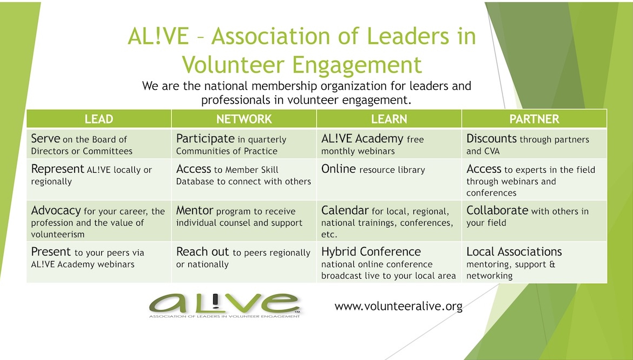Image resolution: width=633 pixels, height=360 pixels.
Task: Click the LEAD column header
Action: point(98,119)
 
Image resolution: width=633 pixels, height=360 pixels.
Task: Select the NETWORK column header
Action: point(244,119)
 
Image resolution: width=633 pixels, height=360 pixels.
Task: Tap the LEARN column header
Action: point(389,119)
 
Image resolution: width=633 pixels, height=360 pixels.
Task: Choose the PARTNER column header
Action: point(534,119)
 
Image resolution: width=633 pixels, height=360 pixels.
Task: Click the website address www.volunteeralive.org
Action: point(398,306)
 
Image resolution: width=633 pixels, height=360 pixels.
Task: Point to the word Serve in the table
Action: point(45,139)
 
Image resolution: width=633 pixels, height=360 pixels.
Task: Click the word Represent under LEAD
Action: point(57,169)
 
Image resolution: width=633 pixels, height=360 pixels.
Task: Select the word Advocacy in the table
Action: point(56,211)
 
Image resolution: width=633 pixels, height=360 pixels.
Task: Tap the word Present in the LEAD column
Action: point(51,252)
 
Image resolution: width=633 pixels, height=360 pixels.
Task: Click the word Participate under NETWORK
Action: point(205,139)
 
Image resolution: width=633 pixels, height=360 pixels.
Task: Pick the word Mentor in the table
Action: point(195,210)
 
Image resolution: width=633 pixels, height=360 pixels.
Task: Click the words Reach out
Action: point(202,252)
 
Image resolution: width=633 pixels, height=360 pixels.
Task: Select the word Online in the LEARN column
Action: point(338,169)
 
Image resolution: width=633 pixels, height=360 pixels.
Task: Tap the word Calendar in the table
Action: point(345,210)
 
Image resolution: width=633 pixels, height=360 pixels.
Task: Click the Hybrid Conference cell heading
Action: point(371,252)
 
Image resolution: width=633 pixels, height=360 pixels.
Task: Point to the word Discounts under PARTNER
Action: point(491,139)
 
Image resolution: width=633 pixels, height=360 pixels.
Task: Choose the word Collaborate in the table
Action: point(497,210)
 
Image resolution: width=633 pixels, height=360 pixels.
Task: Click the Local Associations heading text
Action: point(514,252)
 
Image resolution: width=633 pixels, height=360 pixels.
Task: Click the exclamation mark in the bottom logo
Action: point(215,301)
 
